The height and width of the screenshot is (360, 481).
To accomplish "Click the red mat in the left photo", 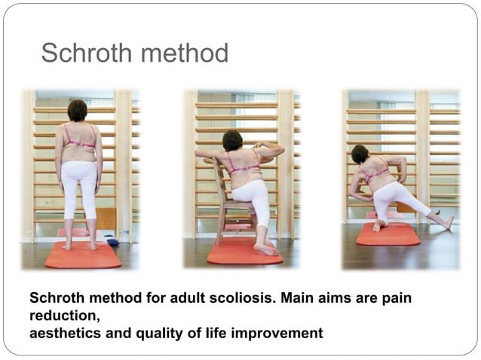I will (83, 255).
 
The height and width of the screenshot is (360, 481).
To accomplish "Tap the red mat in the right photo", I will (388, 234).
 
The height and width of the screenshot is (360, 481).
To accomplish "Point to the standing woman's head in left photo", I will (78, 111).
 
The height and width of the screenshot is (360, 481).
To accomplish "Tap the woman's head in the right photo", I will (360, 155).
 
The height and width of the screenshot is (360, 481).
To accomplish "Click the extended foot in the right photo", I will (447, 222).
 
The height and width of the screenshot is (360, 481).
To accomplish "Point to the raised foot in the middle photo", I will (266, 249).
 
